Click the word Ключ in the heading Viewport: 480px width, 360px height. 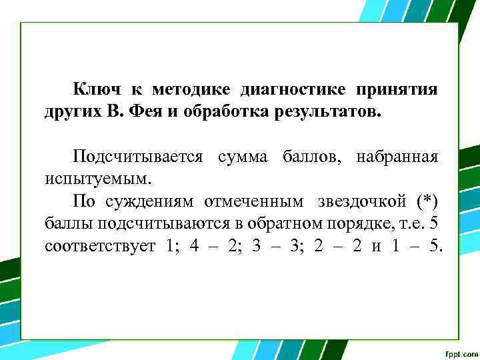click(94, 89)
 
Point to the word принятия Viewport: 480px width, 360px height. click(397, 89)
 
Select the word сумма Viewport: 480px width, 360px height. click(242, 157)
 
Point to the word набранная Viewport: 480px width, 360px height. click(397, 157)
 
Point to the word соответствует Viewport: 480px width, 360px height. click(100, 245)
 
